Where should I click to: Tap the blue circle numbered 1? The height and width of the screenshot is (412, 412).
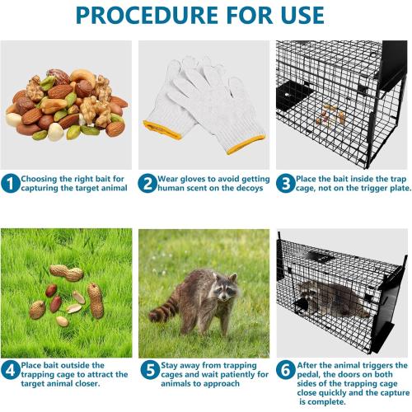(x=10, y=183)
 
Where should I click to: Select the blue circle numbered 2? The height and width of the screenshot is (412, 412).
(x=147, y=183)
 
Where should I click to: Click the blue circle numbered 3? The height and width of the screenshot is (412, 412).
(x=285, y=183)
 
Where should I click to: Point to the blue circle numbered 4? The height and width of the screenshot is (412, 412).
(x=10, y=370)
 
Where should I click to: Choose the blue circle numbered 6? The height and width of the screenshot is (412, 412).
(x=285, y=370)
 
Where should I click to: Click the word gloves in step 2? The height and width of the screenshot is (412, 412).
(x=190, y=177)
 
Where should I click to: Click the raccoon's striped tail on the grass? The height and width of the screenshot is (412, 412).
(x=163, y=313)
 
